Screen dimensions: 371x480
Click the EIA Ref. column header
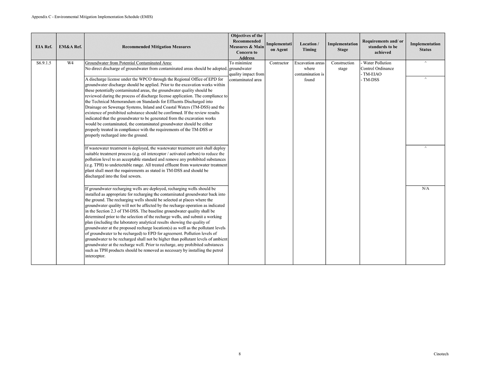pos(44,47)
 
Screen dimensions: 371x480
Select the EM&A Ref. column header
pos(70,47)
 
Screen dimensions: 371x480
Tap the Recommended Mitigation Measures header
pos(156,47)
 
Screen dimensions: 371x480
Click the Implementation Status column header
pos(425,47)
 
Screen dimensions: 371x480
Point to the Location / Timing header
pos(309,47)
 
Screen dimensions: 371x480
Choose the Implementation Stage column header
pos(343,47)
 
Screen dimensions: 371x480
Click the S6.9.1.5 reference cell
pos(44,63)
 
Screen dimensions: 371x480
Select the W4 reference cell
pos(70,63)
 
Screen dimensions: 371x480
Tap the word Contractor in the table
pos(279,63)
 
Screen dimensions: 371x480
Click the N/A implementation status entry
pos(425,189)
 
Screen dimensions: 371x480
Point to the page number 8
pos(240,354)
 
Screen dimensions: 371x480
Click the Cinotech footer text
pos(441,354)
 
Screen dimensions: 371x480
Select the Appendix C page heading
pos(92,17)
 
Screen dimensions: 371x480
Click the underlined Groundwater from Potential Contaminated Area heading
pos(128,63)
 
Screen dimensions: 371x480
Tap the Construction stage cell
pos(343,66)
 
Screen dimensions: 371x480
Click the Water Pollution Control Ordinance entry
pos(377,66)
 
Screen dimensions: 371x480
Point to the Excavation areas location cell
pos(309,71)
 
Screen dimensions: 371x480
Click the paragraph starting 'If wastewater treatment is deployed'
pos(156,162)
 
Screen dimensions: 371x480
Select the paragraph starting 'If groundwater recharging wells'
pos(156,222)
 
